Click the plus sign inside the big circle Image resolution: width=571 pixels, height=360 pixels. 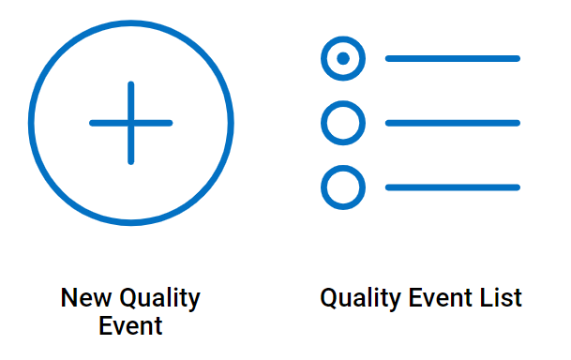click(x=131, y=123)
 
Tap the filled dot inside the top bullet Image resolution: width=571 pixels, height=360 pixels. click(x=343, y=59)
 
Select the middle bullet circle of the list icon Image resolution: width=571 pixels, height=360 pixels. click(x=343, y=123)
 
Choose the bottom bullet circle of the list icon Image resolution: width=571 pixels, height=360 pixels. click(x=343, y=187)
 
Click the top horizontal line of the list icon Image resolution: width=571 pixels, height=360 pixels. click(x=453, y=59)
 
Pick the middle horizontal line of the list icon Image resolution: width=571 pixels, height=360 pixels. click(x=453, y=123)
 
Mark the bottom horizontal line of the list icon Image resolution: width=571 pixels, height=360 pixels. click(x=453, y=187)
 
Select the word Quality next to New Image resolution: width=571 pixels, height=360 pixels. click(x=159, y=299)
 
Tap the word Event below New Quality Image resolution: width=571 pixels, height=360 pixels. click(x=131, y=326)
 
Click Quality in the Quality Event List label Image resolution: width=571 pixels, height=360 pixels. click(x=361, y=299)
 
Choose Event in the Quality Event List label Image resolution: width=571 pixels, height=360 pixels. click(x=443, y=299)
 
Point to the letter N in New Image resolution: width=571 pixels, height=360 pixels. click(x=68, y=299)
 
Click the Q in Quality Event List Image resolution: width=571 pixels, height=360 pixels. click(x=329, y=299)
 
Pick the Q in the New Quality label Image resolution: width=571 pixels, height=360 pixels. click(x=128, y=299)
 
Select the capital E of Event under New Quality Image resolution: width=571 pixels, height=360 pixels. click(x=105, y=326)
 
